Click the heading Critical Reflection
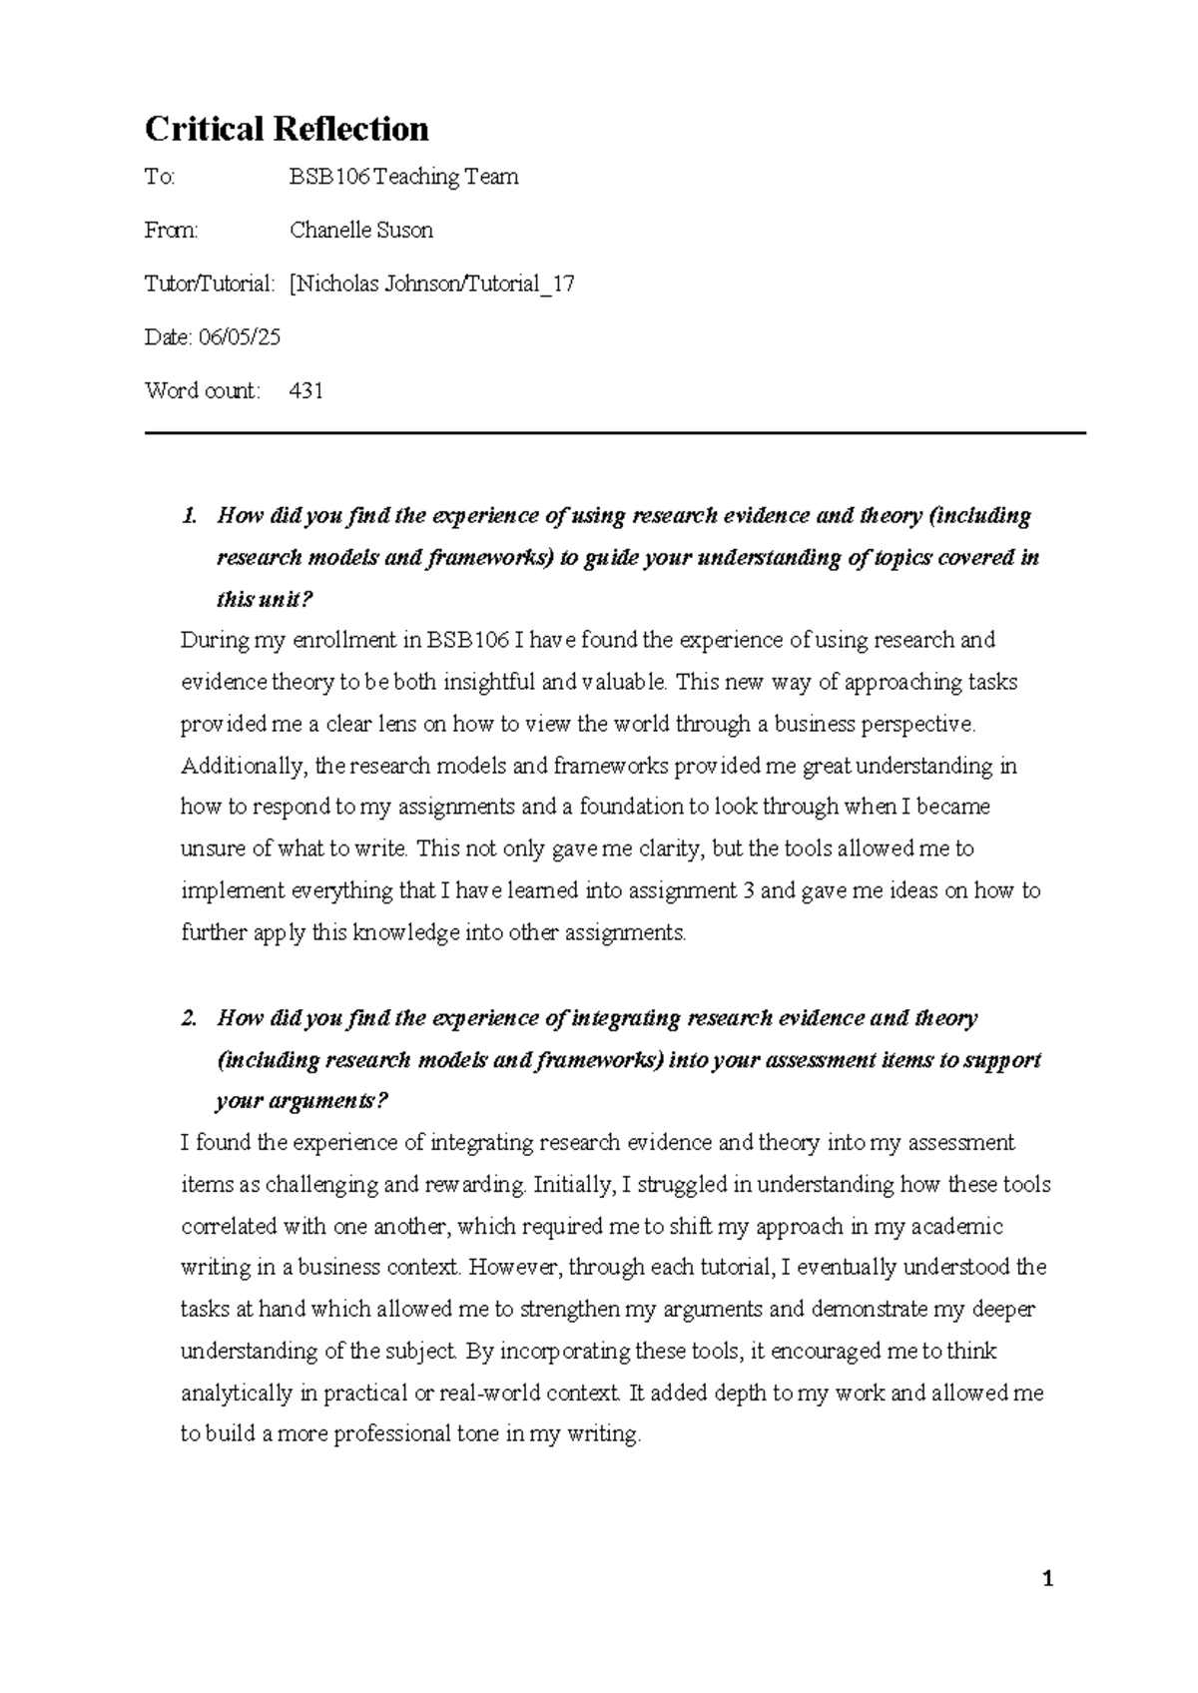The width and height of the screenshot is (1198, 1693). tap(287, 129)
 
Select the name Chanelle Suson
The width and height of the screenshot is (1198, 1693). tap(360, 231)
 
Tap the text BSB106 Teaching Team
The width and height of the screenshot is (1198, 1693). tap(403, 178)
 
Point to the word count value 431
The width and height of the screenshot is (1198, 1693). tap(305, 390)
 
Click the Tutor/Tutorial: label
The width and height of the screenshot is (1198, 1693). tap(209, 283)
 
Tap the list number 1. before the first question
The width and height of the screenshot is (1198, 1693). tap(189, 516)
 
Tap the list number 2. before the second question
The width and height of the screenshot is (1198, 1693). tap(189, 1018)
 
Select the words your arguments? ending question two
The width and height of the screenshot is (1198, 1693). tap(300, 1102)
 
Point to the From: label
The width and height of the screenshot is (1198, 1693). tap(172, 231)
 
